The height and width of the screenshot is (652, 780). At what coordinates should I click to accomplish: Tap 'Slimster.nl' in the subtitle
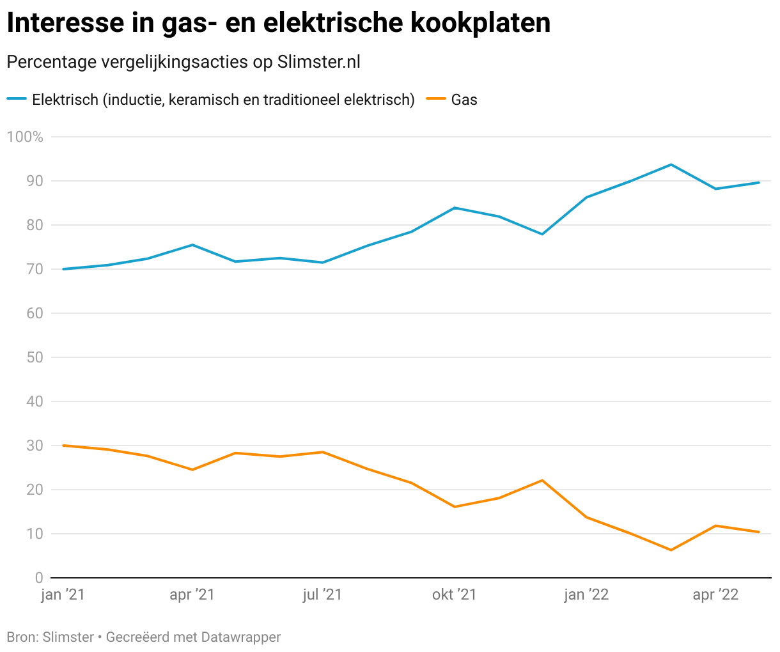(319, 62)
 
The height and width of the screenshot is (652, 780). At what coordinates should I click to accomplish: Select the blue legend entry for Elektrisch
(211, 100)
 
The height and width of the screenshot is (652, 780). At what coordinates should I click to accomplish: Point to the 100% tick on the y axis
(25, 137)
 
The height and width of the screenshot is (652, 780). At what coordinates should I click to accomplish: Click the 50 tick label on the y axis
(35, 357)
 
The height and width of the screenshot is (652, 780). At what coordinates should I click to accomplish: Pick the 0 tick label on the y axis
(39, 578)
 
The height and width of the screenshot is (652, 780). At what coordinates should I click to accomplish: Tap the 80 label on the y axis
(35, 225)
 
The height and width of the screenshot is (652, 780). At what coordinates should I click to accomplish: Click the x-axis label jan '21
(63, 595)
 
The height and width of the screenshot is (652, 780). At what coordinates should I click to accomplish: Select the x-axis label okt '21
(455, 595)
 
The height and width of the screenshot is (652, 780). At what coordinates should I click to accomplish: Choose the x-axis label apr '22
(715, 595)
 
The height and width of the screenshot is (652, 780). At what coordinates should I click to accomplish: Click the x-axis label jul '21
(322, 595)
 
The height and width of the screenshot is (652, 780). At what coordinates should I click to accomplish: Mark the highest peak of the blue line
(671, 164)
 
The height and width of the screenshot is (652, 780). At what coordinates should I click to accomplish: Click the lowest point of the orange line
(671, 550)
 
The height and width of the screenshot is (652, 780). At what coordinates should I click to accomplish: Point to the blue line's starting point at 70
(64, 269)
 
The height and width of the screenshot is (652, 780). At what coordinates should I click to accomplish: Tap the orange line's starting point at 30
(64, 446)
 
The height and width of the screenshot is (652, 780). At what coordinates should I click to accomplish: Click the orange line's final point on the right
(758, 532)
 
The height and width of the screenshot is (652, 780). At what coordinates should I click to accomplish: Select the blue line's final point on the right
(758, 183)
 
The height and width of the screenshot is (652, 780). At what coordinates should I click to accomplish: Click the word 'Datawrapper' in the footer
(240, 637)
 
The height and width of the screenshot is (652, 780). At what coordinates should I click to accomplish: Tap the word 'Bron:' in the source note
(22, 637)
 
